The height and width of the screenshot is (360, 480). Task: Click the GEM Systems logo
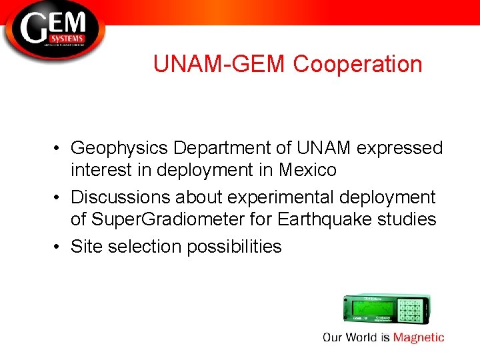click(53, 31)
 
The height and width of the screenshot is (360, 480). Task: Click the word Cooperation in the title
click(357, 64)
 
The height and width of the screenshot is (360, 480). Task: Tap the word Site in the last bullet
click(85, 247)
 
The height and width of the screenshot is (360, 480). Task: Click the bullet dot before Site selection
click(59, 247)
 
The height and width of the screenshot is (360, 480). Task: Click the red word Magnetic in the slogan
click(419, 337)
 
